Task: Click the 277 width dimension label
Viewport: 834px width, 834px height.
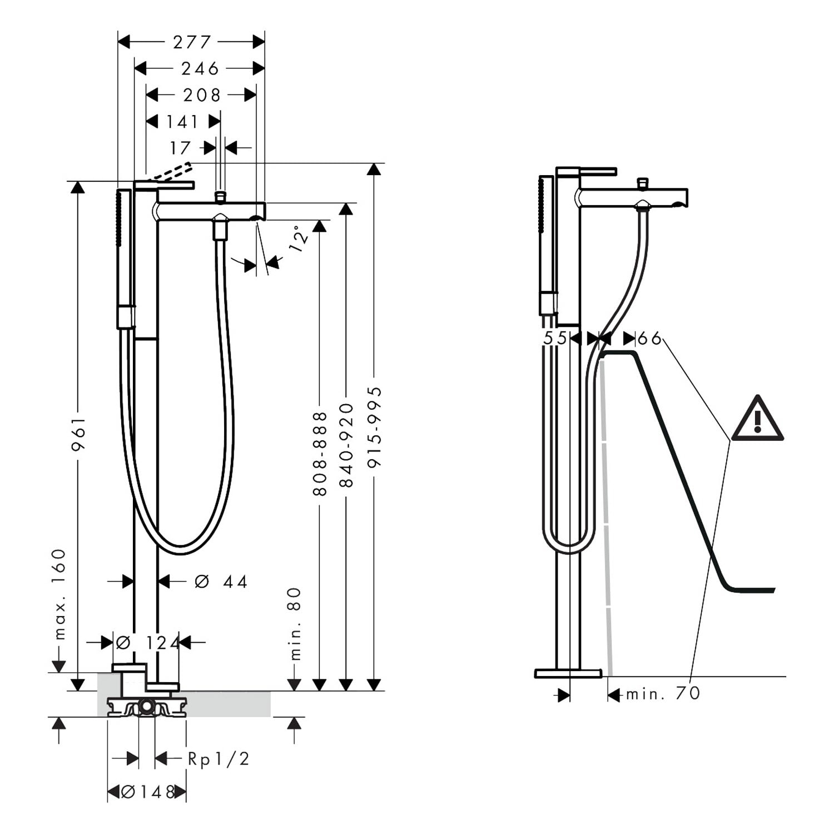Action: point(192,42)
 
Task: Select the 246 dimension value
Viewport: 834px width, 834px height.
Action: point(200,68)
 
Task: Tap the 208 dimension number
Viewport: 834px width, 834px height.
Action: point(202,95)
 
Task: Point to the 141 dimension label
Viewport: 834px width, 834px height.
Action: point(182,122)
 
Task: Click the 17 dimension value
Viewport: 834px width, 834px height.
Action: point(180,148)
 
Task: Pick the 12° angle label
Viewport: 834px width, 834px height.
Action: point(299,239)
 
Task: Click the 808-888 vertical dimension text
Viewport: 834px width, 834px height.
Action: point(320,454)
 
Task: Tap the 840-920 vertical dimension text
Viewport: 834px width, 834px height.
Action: point(346,445)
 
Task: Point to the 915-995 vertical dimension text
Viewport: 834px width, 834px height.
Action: point(375,427)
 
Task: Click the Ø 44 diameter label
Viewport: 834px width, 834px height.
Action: point(221,582)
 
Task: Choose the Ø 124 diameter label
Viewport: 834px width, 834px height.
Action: point(147,643)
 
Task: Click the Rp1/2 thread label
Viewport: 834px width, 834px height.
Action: point(219,759)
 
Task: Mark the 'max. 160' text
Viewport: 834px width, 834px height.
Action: point(59,594)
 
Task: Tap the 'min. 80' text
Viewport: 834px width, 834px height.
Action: point(295,624)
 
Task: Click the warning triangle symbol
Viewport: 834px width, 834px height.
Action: point(757,418)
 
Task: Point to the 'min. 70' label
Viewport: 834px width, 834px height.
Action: point(663,694)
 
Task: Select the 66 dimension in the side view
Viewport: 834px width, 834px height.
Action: point(649,338)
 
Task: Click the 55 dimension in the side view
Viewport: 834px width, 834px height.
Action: point(555,338)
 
